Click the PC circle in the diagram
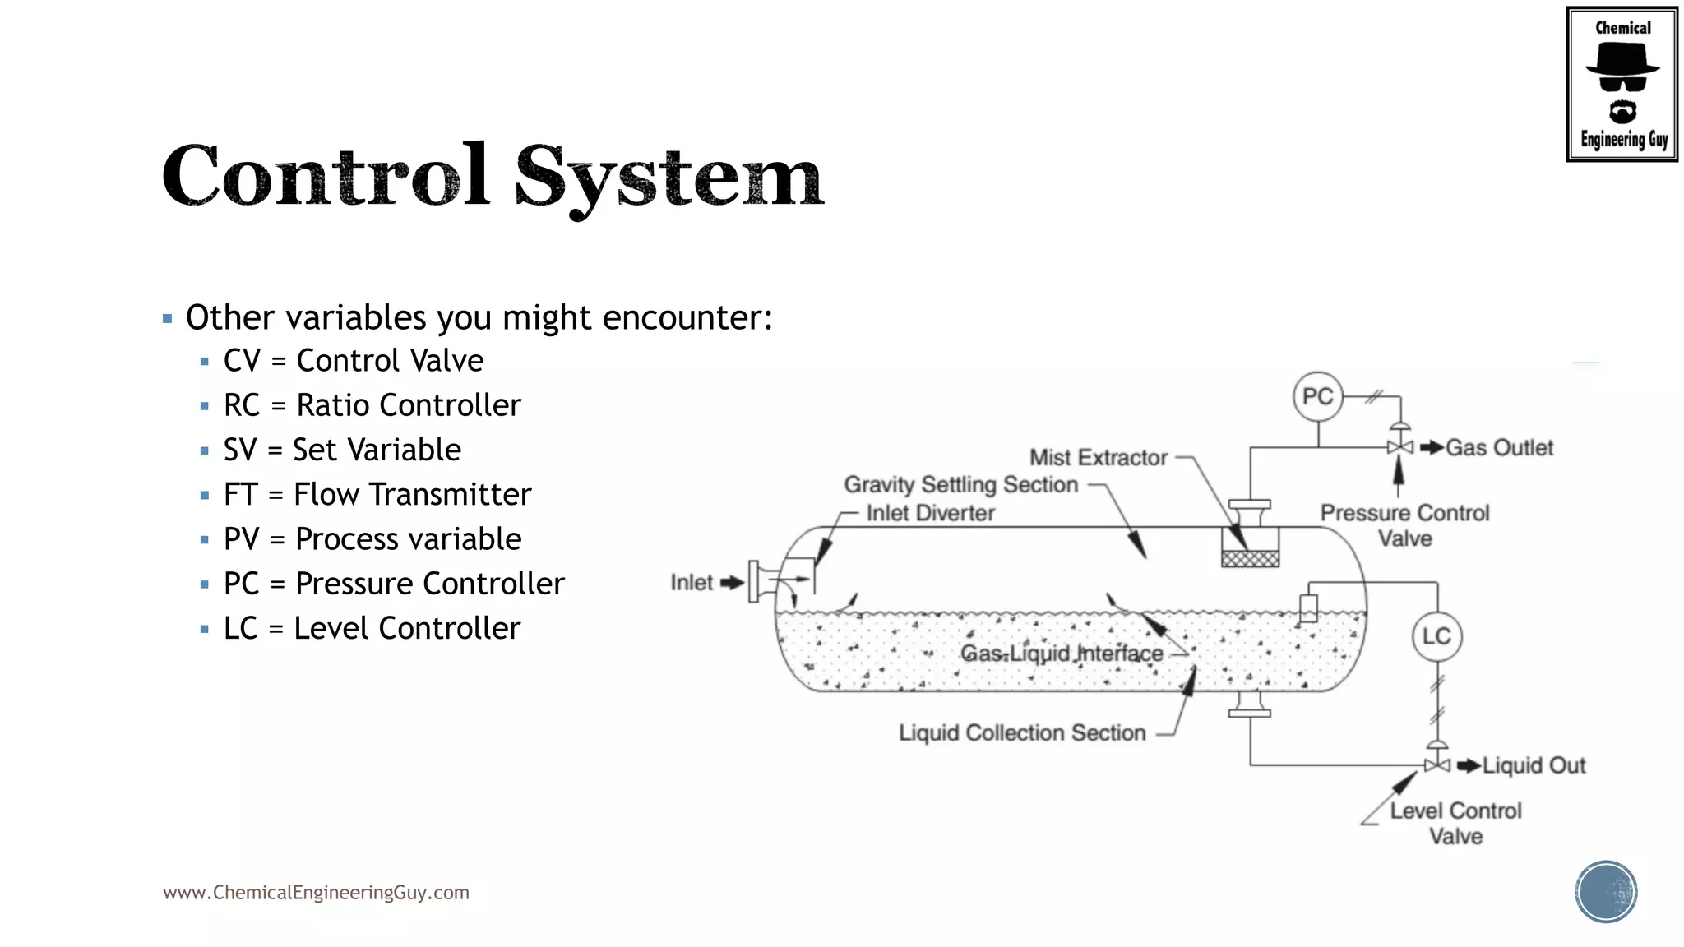click(x=1317, y=397)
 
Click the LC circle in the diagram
click(x=1436, y=636)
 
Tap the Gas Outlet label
click(x=1499, y=448)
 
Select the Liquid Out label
click(x=1534, y=766)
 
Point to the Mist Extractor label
click(x=1098, y=458)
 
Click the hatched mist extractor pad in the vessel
click(x=1250, y=559)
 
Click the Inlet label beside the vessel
click(x=692, y=583)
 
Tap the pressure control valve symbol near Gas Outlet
click(x=1399, y=446)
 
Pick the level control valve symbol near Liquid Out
click(x=1436, y=765)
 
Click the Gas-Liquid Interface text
click(x=1062, y=654)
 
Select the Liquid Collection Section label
click(x=1022, y=732)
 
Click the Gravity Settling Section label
click(x=960, y=485)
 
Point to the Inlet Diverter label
click(x=930, y=514)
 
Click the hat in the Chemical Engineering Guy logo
click(x=1622, y=60)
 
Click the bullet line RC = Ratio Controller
click(x=372, y=405)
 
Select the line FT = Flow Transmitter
click(x=377, y=495)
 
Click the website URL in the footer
click(x=316, y=893)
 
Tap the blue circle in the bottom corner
click(x=1605, y=891)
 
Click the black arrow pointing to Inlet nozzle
click(x=732, y=583)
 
